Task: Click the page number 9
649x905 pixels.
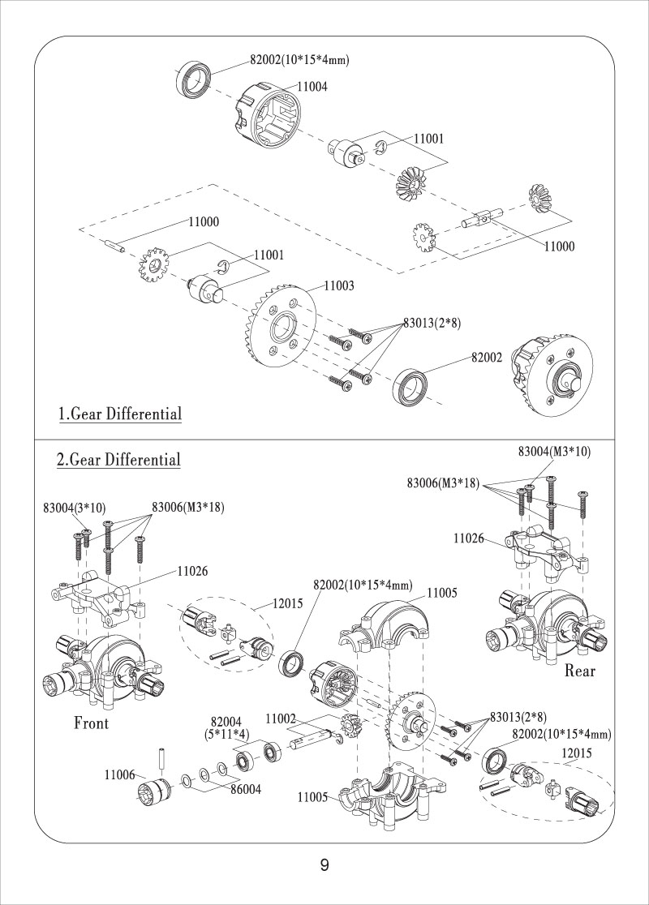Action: coord(324,865)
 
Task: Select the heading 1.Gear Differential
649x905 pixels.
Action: coord(119,414)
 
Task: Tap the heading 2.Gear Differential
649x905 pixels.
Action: coord(118,461)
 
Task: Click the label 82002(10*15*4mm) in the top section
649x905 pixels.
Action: coord(299,59)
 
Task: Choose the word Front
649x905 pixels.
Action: coord(91,723)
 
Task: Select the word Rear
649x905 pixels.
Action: coord(579,671)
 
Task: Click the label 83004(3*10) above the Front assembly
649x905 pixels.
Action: coord(74,508)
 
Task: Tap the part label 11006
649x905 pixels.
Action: coord(118,775)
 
